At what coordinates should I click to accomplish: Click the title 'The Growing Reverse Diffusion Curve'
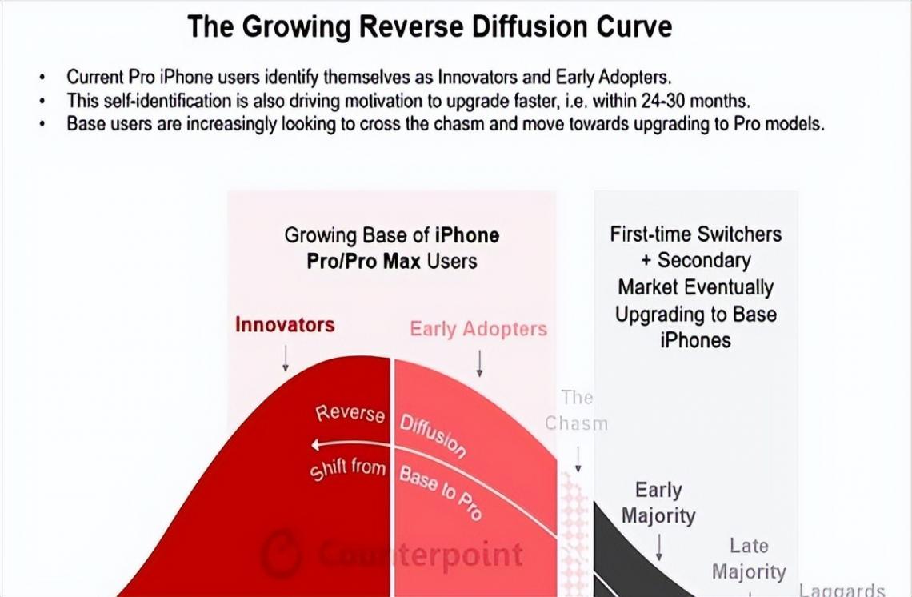click(x=430, y=27)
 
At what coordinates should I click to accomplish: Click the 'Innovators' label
click(x=285, y=325)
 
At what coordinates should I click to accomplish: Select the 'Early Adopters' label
click(x=478, y=329)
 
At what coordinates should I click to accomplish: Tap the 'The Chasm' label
click(x=577, y=410)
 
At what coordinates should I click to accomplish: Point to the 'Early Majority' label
click(x=658, y=503)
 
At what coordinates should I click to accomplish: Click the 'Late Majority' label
click(x=749, y=559)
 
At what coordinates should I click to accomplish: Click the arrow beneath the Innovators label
click(x=286, y=359)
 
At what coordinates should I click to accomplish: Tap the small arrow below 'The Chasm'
click(x=578, y=459)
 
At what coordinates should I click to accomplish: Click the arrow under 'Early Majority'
click(x=659, y=546)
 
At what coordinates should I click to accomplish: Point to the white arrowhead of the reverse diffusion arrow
click(x=317, y=445)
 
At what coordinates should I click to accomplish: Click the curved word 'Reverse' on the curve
click(x=350, y=414)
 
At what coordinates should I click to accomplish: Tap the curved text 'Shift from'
click(x=348, y=470)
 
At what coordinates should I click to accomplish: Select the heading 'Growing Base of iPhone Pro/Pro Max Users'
click(x=392, y=247)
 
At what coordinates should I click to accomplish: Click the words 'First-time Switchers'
click(x=696, y=234)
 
